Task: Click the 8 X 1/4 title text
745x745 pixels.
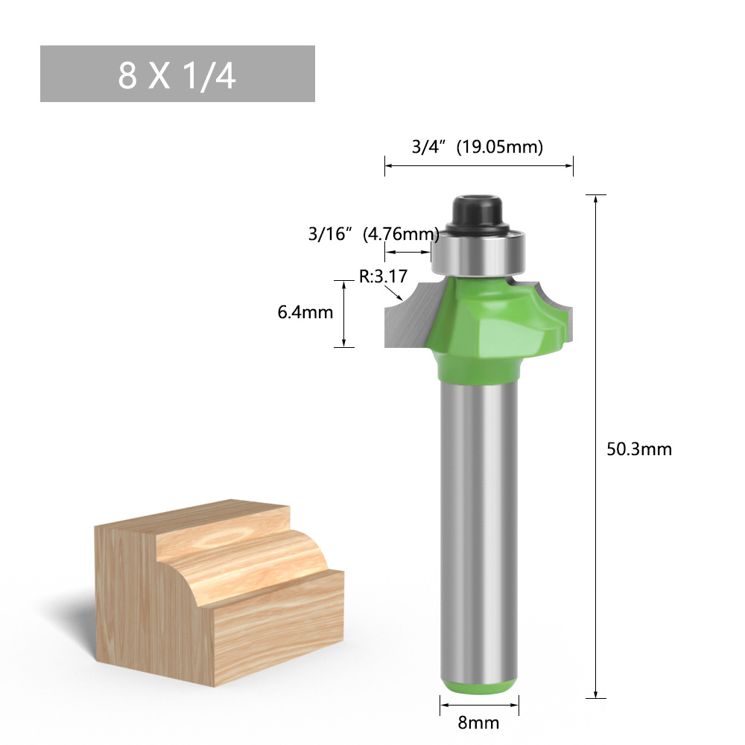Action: (177, 74)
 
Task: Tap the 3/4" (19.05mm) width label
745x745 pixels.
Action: (478, 147)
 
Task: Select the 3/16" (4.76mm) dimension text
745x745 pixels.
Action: (372, 234)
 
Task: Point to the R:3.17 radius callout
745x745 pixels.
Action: (383, 277)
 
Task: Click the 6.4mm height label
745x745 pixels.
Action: (305, 312)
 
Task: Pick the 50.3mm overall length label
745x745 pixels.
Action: (639, 449)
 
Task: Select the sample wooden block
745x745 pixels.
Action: (216, 589)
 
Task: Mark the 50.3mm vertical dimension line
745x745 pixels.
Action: (596, 447)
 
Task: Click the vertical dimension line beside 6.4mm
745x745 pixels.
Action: (344, 313)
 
